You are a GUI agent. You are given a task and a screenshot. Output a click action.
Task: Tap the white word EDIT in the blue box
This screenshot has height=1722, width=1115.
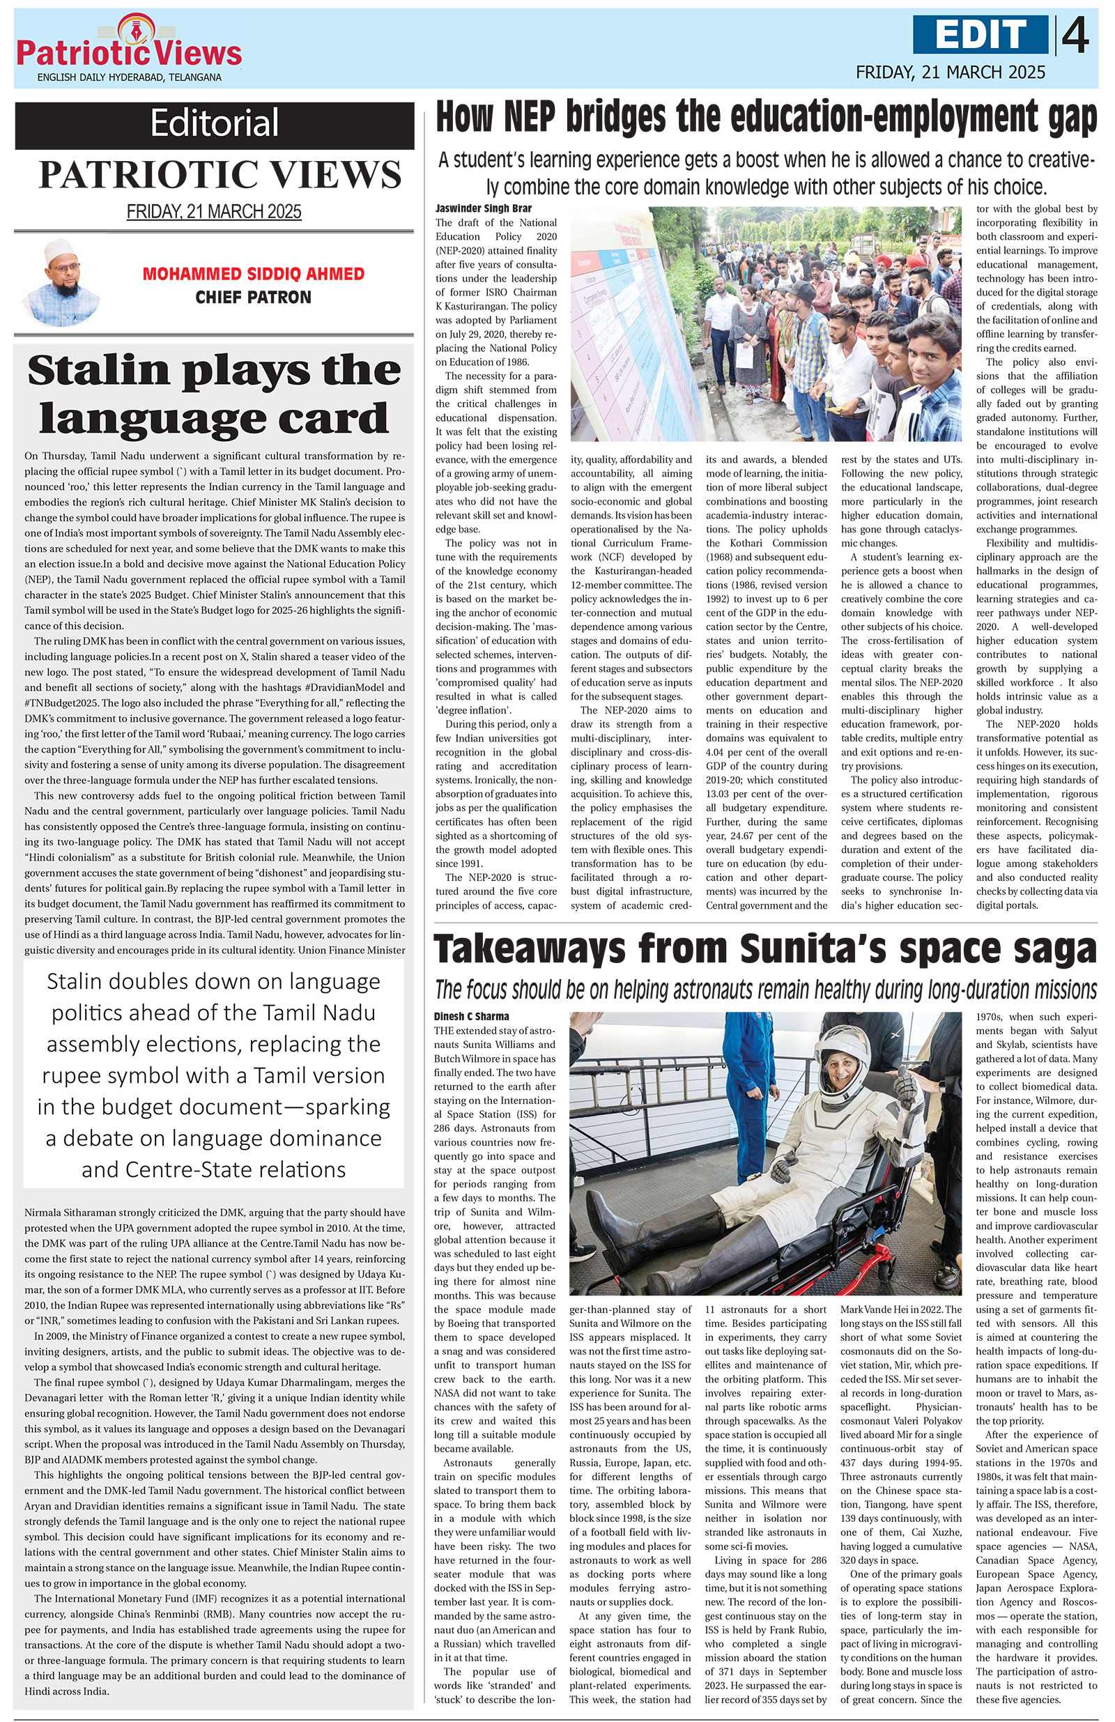pyautogui.click(x=981, y=35)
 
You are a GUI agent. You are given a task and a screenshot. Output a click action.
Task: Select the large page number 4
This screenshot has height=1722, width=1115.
pyautogui.click(x=1076, y=36)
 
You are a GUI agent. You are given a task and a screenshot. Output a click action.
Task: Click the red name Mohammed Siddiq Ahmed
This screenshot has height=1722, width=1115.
pyautogui.click(x=253, y=274)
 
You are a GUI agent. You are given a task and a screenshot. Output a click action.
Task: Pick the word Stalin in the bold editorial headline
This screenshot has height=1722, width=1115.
pyautogui.click(x=98, y=371)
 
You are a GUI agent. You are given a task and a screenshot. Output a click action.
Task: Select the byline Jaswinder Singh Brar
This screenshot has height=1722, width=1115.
pyautogui.click(x=472, y=208)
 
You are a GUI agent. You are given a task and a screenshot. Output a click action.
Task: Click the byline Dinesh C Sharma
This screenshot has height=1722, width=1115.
pyautogui.click(x=471, y=1017)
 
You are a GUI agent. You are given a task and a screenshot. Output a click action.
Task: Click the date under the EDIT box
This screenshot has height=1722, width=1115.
pyautogui.click(x=950, y=72)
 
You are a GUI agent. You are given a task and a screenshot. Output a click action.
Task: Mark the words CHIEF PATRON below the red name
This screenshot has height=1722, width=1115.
pyautogui.click(x=253, y=298)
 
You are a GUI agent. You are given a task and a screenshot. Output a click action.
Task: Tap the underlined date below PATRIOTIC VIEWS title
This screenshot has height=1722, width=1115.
pyautogui.click(x=214, y=212)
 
